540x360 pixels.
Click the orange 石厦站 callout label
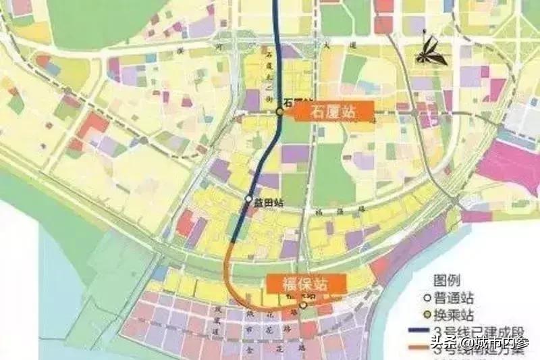(333, 112)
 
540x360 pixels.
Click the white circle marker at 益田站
(248, 199)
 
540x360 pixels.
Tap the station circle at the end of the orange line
(304, 306)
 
